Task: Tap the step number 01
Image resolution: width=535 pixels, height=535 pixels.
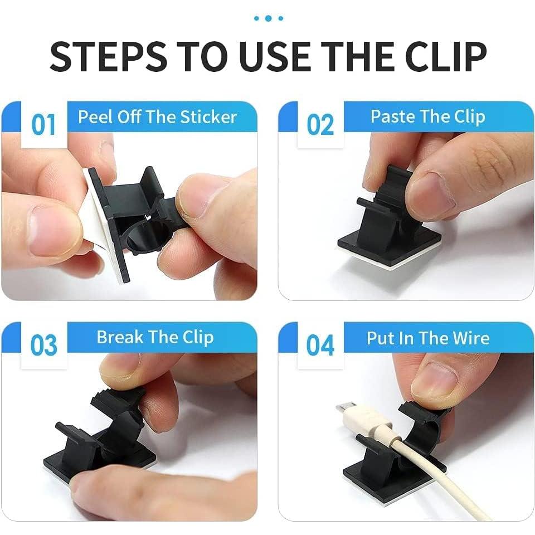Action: (43, 124)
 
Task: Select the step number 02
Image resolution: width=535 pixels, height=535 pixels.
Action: (320, 124)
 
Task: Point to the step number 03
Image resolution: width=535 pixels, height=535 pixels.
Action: (43, 346)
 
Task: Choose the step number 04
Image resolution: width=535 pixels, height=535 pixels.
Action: (320, 346)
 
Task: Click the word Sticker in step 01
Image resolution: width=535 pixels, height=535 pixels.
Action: (208, 117)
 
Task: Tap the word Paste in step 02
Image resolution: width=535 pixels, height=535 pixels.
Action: (392, 116)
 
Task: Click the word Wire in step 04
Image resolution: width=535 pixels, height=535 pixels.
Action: (471, 338)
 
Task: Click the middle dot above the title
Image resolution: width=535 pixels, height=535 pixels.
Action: (268, 18)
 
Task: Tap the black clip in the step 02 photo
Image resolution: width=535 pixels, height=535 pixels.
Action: (385, 223)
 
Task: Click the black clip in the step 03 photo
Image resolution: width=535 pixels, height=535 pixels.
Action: (106, 435)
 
